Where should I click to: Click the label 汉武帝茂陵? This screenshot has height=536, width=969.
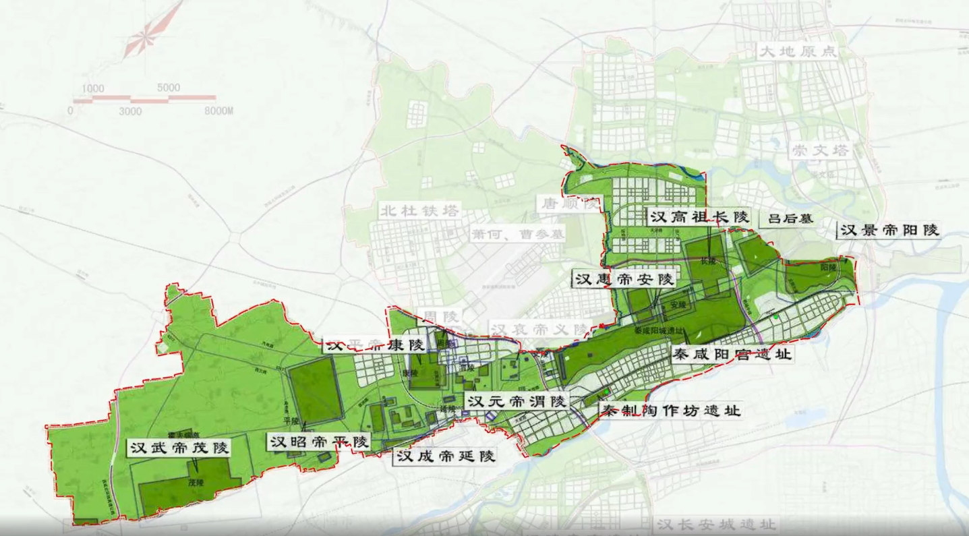[179, 447]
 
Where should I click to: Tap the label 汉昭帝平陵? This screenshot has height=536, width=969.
[319, 442]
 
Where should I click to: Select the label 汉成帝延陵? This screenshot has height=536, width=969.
[445, 456]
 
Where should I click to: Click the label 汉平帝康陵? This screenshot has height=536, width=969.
[375, 345]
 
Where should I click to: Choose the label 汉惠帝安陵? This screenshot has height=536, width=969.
[624, 278]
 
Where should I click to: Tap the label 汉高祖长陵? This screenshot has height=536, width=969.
[699, 216]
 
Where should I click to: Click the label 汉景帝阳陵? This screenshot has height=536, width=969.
[889, 230]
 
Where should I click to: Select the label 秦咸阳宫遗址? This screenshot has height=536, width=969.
[732, 354]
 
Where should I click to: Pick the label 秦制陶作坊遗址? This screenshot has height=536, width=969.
[671, 410]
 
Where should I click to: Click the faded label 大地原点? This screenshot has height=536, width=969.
[796, 52]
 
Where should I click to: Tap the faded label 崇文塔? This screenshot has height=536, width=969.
[821, 150]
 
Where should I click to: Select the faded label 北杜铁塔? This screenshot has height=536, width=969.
[418, 210]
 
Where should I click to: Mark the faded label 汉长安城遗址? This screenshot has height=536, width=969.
[715, 524]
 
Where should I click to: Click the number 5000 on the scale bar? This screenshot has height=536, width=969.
[168, 87]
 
